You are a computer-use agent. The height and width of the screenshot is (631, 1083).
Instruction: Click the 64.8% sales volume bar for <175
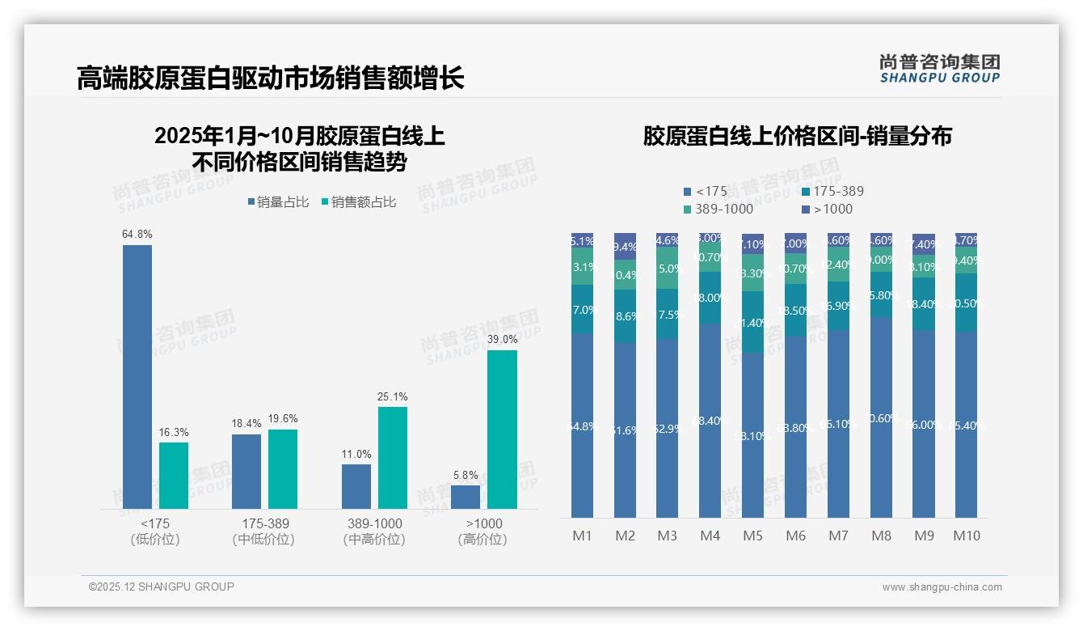coord(137,376)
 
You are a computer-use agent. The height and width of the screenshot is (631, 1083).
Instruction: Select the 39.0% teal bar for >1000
coord(502,429)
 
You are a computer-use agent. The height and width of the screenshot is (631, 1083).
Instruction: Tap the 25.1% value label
coord(393,397)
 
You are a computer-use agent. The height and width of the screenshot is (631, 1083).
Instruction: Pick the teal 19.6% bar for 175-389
coord(283,468)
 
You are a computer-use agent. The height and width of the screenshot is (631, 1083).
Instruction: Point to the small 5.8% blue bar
coord(466,497)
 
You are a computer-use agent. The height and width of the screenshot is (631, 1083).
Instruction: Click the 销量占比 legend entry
coord(278,202)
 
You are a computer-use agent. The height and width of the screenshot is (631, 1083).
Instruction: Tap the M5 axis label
coord(752,536)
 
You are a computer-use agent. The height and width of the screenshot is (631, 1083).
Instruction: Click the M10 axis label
coord(966,536)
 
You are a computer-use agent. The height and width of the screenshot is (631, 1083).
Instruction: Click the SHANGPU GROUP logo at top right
coord(939,69)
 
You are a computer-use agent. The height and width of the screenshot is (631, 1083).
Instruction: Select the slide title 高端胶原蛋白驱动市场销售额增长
coord(270,78)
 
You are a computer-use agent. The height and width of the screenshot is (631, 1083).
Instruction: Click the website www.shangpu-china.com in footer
coord(942,587)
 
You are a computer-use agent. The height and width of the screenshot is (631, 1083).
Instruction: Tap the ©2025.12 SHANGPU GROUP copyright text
coord(162,587)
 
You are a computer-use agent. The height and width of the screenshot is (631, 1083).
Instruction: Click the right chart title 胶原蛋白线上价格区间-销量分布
coord(797,136)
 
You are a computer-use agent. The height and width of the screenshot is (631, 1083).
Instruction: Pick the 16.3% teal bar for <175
coord(174,475)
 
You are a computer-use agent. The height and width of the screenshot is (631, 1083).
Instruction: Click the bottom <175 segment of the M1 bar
coord(582,426)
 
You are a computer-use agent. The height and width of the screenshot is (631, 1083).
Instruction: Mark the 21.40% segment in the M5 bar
coord(752,322)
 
